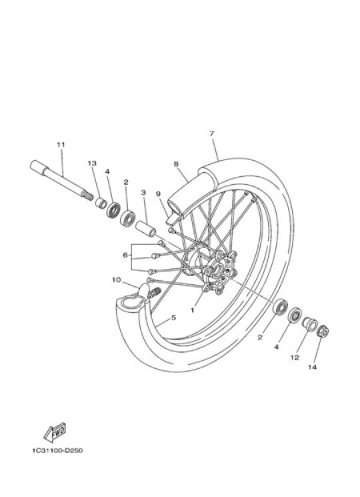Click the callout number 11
(61, 145)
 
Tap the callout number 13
(92, 163)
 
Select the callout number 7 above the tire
(212, 133)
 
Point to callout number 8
(176, 164)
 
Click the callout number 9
(158, 193)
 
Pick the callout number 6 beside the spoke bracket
(125, 255)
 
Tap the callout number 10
(116, 280)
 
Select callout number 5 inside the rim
(173, 318)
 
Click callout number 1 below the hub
(192, 310)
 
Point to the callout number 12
(295, 358)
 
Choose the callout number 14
(312, 367)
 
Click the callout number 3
(143, 192)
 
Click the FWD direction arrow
(55, 432)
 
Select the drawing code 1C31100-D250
(57, 450)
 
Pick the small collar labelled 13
(101, 203)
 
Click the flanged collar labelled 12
(309, 324)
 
